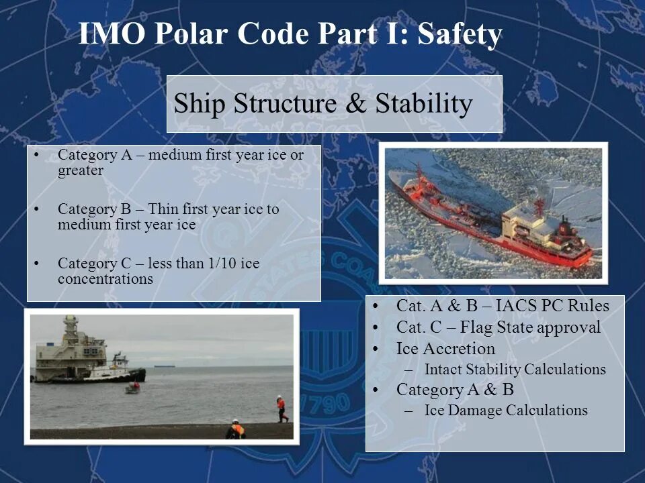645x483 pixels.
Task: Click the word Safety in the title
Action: [x=460, y=34]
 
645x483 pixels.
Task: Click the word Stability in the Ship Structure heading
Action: [x=424, y=103]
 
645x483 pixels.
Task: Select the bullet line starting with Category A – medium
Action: [x=181, y=162]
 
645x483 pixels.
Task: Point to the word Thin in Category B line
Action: [x=163, y=209]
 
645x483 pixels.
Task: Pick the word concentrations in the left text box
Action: [x=105, y=278]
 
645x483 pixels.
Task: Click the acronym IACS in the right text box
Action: [x=515, y=306]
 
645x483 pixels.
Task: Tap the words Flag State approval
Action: [x=530, y=327]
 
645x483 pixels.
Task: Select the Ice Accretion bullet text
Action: [x=446, y=349]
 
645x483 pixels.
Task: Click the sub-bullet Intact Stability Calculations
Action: [x=515, y=369]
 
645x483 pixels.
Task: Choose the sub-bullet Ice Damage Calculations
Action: [x=506, y=410]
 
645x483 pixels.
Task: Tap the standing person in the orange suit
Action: [x=282, y=409]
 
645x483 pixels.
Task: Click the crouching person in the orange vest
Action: [x=236, y=429]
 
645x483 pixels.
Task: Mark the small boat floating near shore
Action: [x=133, y=387]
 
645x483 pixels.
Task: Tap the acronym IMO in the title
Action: [x=112, y=34]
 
